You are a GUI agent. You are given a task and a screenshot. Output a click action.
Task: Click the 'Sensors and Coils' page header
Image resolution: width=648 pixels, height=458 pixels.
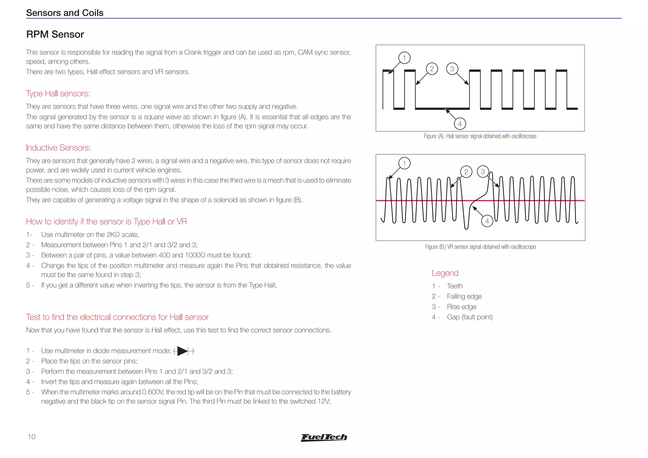65,13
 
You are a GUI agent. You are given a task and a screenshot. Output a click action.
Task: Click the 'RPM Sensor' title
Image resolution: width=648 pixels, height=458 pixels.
55,34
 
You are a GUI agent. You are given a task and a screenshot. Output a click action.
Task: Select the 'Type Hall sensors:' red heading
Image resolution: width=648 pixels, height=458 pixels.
58,93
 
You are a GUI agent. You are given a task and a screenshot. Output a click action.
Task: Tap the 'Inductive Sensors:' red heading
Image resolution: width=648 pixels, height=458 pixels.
58,148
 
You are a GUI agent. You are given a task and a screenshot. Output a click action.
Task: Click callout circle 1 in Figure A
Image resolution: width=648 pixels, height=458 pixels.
404,58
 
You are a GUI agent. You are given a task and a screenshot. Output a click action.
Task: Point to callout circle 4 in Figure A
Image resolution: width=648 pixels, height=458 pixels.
460,124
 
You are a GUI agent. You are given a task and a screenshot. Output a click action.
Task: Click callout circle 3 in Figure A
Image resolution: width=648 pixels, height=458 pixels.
452,69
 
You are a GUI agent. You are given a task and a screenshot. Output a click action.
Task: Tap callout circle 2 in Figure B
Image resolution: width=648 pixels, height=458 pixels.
466,172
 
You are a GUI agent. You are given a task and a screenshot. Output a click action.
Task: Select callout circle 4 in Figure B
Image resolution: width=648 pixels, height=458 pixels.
487,221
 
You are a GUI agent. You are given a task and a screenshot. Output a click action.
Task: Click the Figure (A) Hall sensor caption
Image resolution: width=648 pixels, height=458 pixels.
480,136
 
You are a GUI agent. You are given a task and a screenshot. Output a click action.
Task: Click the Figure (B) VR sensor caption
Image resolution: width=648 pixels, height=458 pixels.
480,247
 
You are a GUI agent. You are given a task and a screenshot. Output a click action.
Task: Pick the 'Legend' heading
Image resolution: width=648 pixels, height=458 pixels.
445,273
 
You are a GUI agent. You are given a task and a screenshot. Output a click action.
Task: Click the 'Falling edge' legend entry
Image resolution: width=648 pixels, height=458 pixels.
464,296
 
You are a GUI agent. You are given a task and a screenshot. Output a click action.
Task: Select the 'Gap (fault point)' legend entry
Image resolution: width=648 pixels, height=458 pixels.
470,317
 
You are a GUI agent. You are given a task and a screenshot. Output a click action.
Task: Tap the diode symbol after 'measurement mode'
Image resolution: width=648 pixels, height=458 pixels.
184,351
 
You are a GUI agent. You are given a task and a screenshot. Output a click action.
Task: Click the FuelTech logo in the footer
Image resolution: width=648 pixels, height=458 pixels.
324,437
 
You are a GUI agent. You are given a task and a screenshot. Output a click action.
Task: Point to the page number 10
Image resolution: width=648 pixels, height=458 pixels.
32,437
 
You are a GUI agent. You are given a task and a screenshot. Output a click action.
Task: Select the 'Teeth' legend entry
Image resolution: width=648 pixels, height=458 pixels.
455,286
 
